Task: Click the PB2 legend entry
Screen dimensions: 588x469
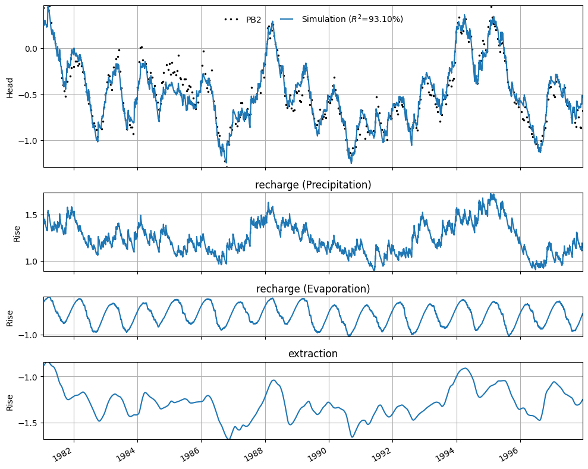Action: click(x=243, y=20)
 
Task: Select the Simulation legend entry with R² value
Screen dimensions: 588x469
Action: click(x=341, y=19)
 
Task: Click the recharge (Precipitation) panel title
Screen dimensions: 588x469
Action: click(x=313, y=185)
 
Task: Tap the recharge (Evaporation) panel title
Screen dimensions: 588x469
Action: click(x=313, y=289)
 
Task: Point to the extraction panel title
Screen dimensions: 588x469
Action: click(x=313, y=354)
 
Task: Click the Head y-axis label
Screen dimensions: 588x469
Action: click(x=10, y=88)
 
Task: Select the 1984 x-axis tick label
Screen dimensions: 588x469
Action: click(x=126, y=455)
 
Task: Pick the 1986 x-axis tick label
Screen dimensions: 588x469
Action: click(x=190, y=455)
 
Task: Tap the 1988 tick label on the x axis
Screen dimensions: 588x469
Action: click(x=254, y=455)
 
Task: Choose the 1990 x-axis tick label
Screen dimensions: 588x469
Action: click(x=317, y=455)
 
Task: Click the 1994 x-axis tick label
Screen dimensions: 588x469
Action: click(x=445, y=455)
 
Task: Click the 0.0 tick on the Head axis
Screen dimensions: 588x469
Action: click(x=31, y=49)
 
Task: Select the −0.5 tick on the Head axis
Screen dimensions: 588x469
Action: click(x=28, y=95)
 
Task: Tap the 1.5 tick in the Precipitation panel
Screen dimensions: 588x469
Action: click(x=31, y=215)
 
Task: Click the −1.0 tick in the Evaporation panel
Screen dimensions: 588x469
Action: click(x=28, y=335)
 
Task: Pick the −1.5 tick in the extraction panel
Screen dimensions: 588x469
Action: click(x=28, y=423)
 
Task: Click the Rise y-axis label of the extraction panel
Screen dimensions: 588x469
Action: click(x=10, y=402)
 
